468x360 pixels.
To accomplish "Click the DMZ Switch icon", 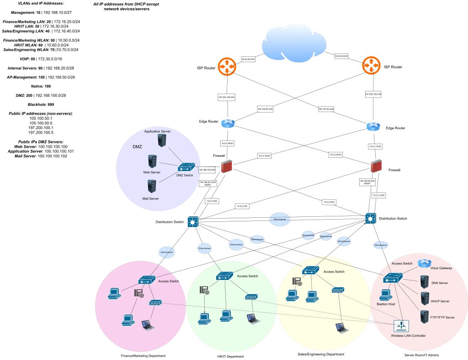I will (x=186, y=168).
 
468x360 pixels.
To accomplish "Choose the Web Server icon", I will (x=152, y=162).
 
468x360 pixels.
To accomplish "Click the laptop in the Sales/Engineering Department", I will (x=340, y=328).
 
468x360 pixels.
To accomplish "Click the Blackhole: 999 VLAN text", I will (x=41, y=104).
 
